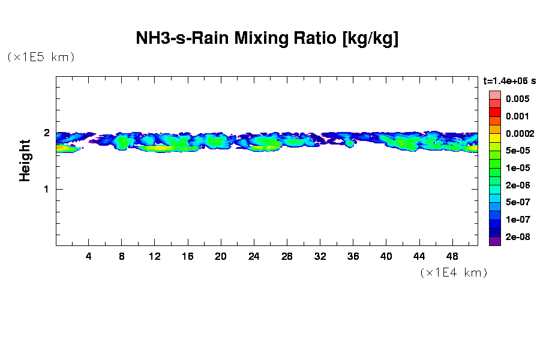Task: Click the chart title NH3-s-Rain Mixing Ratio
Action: coord(267,39)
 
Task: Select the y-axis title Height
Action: coord(25,160)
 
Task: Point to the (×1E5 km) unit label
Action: coord(41,57)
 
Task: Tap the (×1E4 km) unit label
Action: coord(454,272)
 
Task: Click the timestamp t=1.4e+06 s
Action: coord(509,80)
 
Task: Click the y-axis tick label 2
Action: coord(46,133)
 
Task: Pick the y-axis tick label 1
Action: coord(46,189)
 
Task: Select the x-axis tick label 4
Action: coord(89,256)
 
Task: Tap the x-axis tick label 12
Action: coord(155,256)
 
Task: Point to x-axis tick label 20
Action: coord(221,256)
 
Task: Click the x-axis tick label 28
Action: coord(287,256)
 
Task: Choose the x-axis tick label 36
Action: coord(353,256)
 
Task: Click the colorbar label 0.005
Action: coord(517,98)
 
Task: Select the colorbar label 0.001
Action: coord(517,116)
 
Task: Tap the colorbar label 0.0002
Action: coord(519,133)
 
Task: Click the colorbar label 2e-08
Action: coord(517,237)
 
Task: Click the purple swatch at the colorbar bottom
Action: coord(494,241)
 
